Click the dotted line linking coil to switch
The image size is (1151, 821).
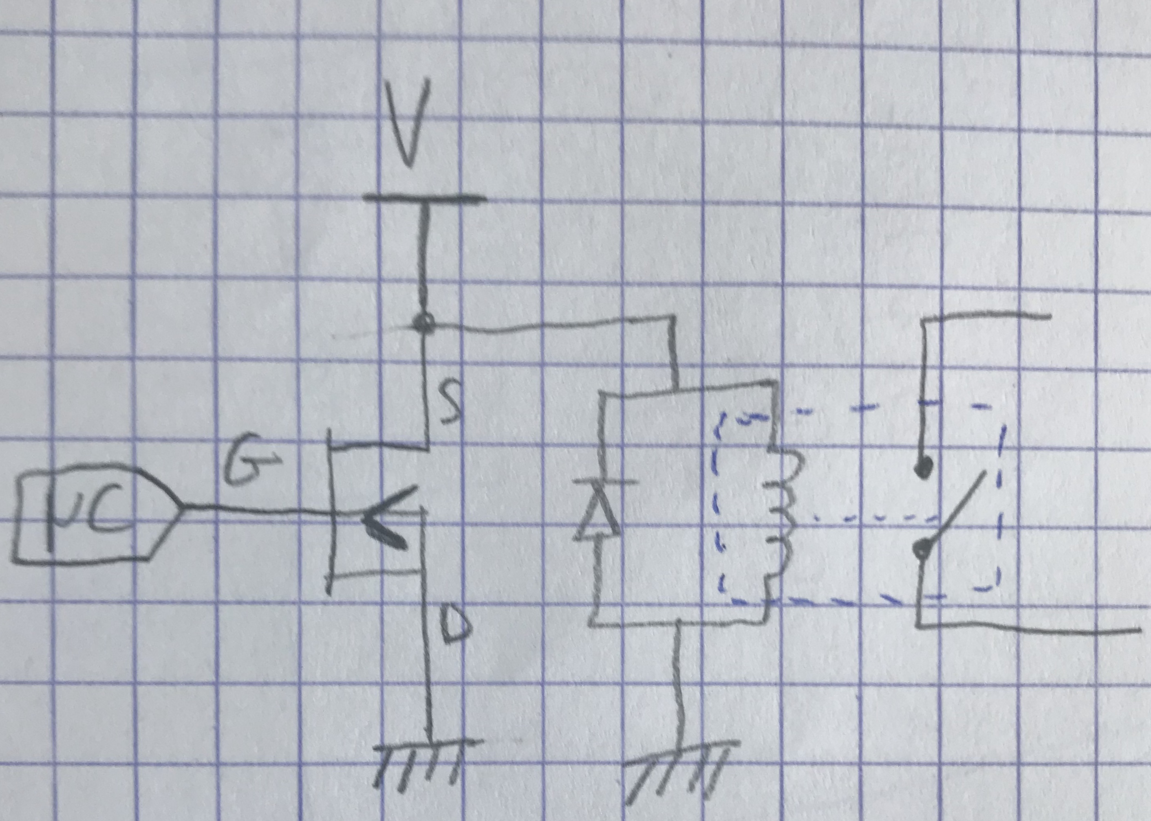click(860, 518)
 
